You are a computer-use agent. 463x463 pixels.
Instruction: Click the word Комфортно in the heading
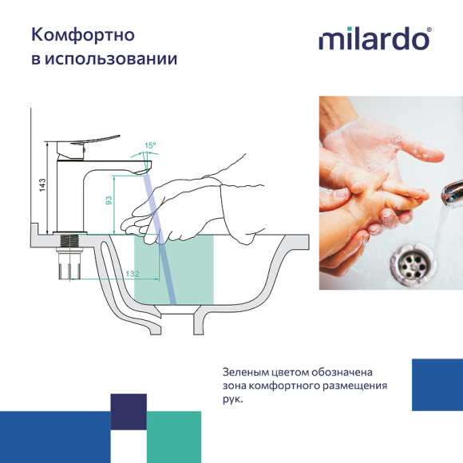pos(82,35)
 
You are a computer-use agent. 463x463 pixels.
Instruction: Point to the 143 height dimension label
pos(42,184)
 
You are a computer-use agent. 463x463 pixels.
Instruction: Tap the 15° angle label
pos(149,146)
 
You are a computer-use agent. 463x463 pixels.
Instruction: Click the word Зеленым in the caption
pos(248,373)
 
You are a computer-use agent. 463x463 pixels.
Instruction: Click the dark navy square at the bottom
pos(129,412)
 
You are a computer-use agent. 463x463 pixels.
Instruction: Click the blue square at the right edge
pos(437,385)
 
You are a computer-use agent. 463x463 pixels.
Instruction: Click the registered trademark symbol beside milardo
pos(429,31)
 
